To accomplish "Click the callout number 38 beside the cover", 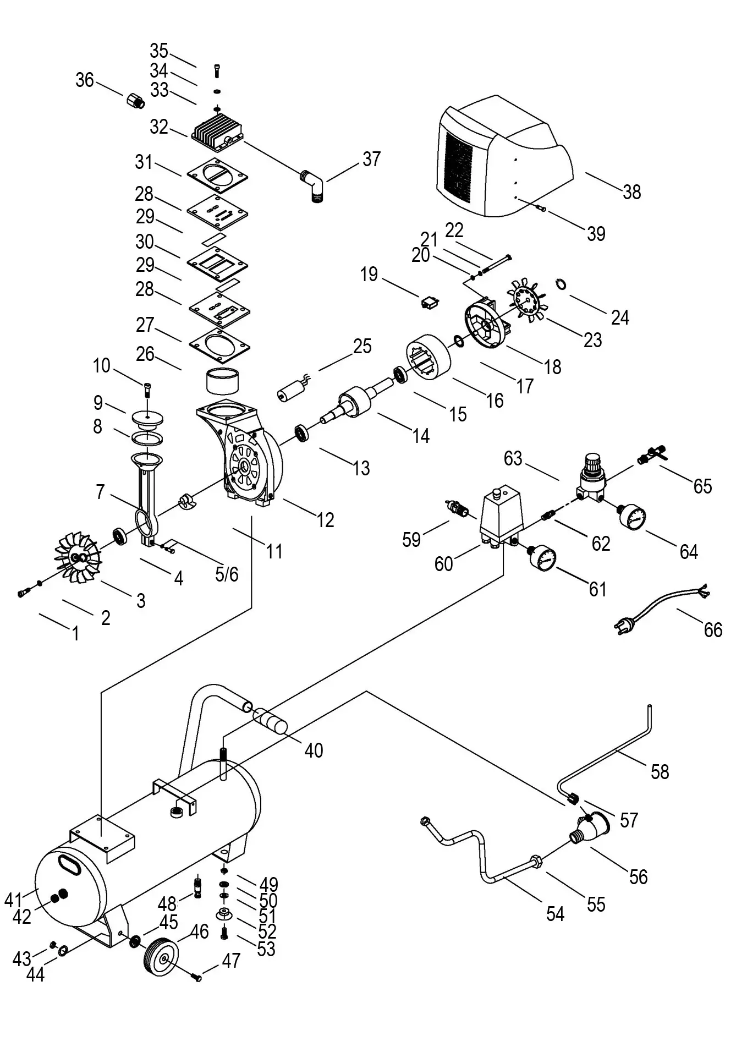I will point(631,192).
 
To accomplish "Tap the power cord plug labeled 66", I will point(625,623).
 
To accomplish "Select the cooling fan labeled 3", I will point(77,557).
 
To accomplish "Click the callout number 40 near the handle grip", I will point(314,750).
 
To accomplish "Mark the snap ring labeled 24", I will point(560,283).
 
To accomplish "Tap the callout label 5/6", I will point(226,574).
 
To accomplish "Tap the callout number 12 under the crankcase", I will point(325,519).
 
